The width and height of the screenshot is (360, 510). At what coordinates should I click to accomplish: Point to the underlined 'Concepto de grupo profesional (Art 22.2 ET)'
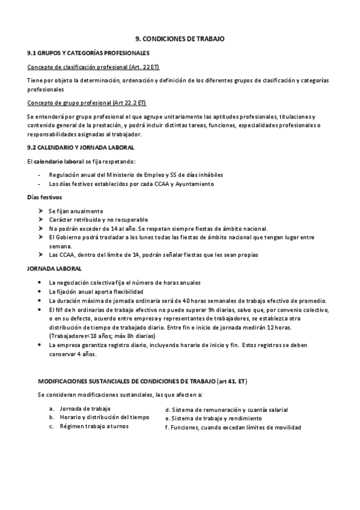pyautogui.click(x=87, y=102)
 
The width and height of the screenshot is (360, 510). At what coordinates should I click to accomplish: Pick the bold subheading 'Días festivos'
pyautogui.click(x=44, y=197)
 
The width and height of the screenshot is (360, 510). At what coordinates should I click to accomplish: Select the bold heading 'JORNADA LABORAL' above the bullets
pyautogui.click(x=55, y=268)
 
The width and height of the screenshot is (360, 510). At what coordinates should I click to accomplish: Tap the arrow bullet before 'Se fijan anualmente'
pyautogui.click(x=40, y=211)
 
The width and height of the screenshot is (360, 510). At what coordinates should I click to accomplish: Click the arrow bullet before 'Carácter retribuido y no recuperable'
pyautogui.click(x=40, y=220)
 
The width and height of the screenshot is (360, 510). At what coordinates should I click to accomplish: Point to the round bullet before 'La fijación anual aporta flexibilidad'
pyautogui.click(x=40, y=291)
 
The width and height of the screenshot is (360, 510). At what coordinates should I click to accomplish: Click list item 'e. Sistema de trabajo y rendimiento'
pyautogui.click(x=213, y=418)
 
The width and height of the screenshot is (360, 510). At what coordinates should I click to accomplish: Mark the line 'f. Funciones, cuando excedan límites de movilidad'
pyautogui.click(x=233, y=427)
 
